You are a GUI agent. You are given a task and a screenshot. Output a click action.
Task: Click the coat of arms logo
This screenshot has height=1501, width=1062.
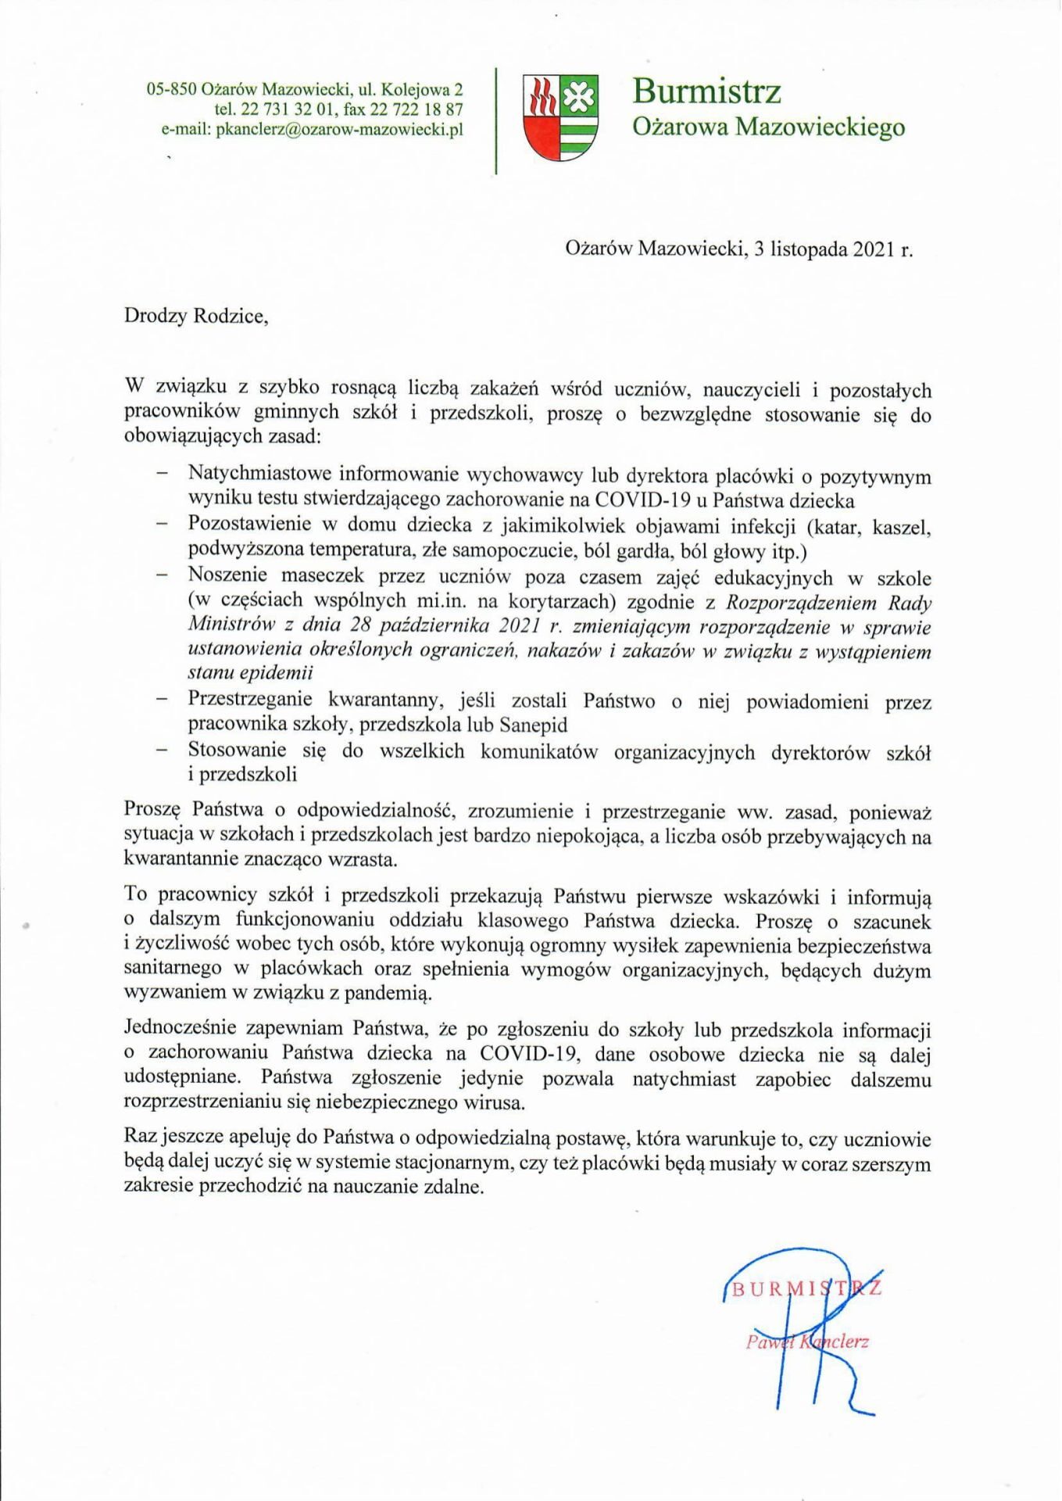pyautogui.click(x=560, y=117)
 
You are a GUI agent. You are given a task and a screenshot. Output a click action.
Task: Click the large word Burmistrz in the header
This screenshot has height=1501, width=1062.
pyautogui.click(x=706, y=91)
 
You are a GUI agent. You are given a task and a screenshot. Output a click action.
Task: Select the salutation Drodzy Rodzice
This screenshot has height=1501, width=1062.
pyautogui.click(x=195, y=316)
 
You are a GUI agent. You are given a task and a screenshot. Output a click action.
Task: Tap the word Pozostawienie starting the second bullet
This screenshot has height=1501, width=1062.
pyautogui.click(x=249, y=525)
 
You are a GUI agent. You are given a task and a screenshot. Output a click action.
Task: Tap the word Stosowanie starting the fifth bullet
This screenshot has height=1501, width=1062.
pyautogui.click(x=236, y=751)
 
